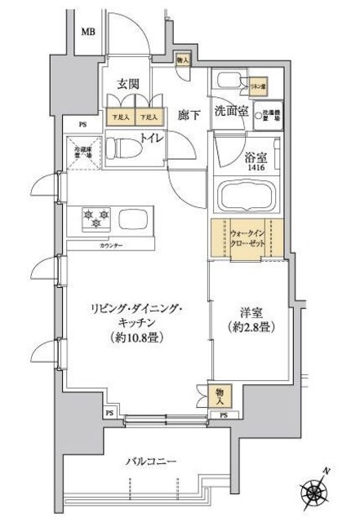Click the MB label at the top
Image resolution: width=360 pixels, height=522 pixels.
87,32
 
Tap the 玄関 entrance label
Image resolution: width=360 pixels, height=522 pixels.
127,83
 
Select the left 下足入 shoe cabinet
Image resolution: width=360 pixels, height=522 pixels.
120,117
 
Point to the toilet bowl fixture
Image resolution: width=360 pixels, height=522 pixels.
128,148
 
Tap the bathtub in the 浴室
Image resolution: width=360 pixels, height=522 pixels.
248,199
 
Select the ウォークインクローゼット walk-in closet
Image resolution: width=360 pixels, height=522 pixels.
247,238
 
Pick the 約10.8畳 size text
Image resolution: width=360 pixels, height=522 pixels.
136,335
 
